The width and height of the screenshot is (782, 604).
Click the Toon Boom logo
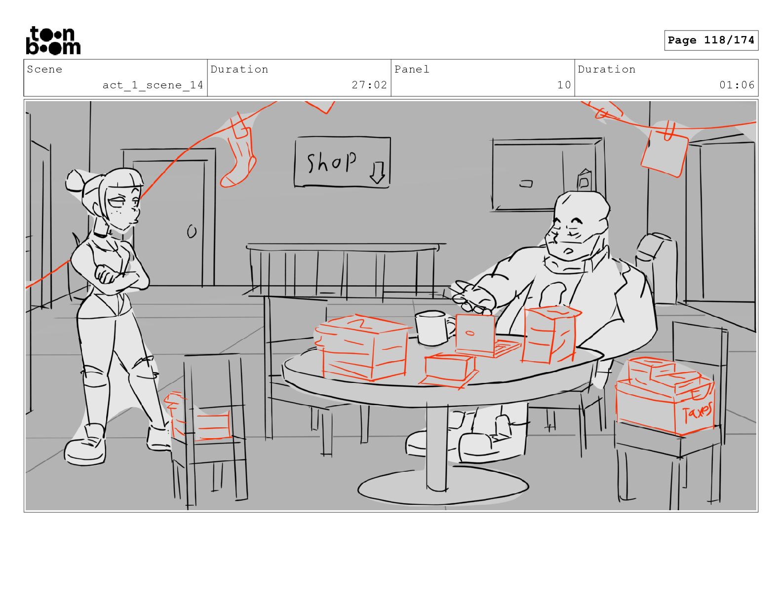[53, 40]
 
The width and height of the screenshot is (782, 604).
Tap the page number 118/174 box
[711, 40]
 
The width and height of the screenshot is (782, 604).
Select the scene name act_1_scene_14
[153, 85]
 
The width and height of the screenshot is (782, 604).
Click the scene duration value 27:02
[369, 85]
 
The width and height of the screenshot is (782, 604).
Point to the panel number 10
[564, 85]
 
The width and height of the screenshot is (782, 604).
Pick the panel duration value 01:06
[737, 85]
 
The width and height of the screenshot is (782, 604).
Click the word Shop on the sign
[331, 162]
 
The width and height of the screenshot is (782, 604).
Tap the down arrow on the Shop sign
[377, 173]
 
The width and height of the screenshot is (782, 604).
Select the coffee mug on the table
[433, 328]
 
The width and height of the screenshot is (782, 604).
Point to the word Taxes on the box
[697, 413]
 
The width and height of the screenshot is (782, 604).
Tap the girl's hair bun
[75, 181]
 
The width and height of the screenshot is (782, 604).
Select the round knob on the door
[192, 231]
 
